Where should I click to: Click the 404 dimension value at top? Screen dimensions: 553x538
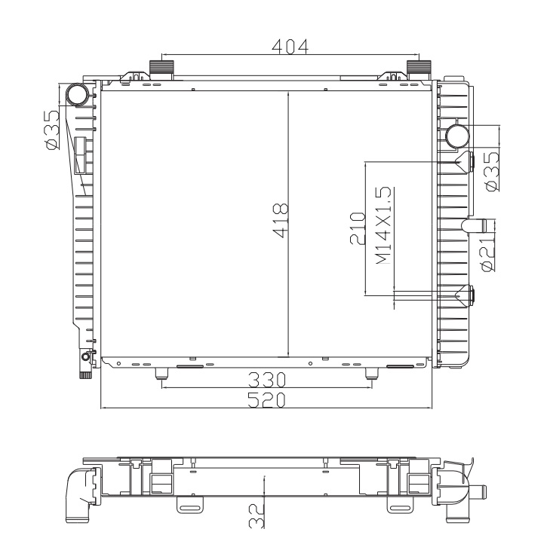(290, 47)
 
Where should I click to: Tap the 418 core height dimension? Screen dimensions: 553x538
(281, 220)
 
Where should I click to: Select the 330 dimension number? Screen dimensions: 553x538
(266, 380)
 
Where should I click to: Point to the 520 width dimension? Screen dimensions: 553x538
(266, 400)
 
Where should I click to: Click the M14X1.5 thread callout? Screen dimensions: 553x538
(384, 226)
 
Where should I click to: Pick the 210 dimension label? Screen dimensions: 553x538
(358, 228)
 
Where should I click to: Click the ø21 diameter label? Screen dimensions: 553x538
(489, 254)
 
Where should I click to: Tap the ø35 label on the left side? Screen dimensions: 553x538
(52, 130)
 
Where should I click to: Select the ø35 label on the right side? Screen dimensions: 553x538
(493, 172)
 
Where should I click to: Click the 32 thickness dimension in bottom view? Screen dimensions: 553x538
(257, 515)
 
